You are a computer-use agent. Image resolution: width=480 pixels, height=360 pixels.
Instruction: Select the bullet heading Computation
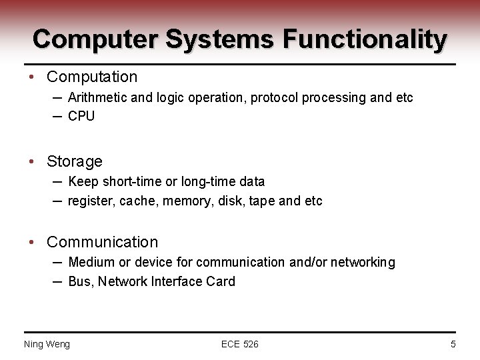click(x=92, y=77)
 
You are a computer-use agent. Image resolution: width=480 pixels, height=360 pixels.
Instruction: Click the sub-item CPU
click(x=81, y=116)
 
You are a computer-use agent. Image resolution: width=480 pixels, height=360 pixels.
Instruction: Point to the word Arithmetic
click(x=97, y=97)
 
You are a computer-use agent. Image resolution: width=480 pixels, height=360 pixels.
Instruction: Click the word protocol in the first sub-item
click(x=275, y=97)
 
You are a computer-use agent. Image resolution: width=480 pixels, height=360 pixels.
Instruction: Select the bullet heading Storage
click(x=75, y=161)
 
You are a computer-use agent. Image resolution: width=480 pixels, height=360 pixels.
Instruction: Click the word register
click(x=91, y=201)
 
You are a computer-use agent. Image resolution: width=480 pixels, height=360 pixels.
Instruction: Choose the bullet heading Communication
click(x=103, y=242)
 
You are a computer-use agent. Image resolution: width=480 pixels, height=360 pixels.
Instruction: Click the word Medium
click(x=91, y=262)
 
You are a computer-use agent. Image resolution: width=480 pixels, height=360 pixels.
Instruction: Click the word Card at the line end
click(x=221, y=281)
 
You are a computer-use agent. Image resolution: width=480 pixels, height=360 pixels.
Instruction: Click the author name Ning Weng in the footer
click(x=47, y=344)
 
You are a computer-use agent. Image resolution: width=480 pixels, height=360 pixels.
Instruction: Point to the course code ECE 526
click(x=240, y=344)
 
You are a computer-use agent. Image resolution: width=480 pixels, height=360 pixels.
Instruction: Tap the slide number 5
click(x=453, y=344)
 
